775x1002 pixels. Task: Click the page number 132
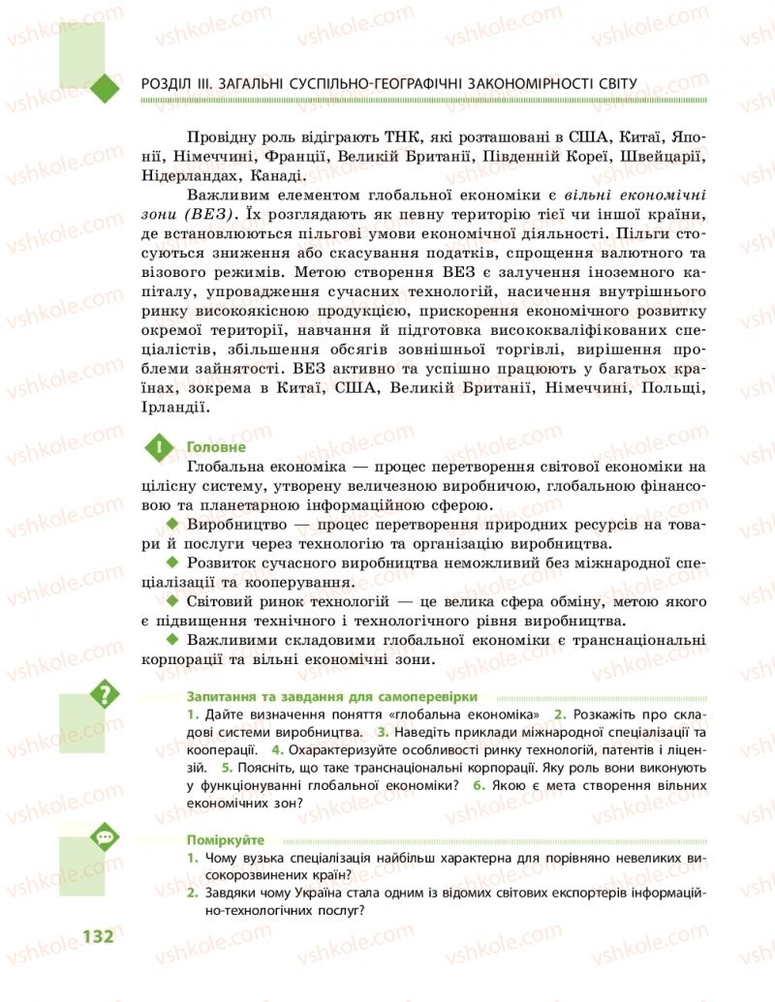(98, 936)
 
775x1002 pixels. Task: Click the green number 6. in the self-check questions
(479, 785)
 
